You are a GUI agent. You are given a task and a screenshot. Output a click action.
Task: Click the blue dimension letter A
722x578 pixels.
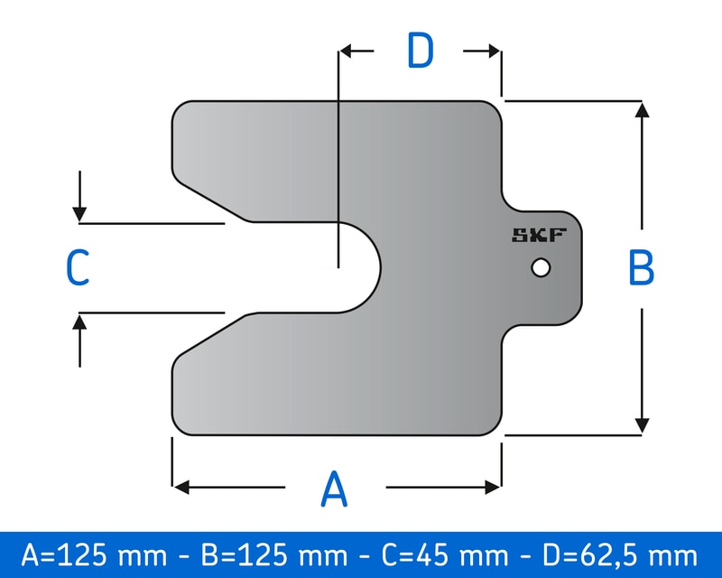pyautogui.click(x=334, y=489)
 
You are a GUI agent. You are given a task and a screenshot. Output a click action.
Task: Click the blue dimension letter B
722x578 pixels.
pyautogui.click(x=641, y=267)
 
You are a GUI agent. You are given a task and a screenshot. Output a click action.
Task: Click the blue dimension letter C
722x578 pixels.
pyautogui.click(x=78, y=268)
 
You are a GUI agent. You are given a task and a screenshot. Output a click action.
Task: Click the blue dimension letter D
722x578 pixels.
pyautogui.click(x=420, y=51)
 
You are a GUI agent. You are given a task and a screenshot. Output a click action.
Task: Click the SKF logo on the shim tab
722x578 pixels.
pyautogui.click(x=539, y=237)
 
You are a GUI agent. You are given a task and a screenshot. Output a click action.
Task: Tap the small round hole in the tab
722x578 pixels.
pyautogui.click(x=541, y=268)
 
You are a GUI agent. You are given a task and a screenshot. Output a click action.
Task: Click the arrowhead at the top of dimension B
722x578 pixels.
pyautogui.click(x=642, y=110)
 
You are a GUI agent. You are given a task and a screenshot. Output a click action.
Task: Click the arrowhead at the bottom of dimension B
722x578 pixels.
pyautogui.click(x=642, y=424)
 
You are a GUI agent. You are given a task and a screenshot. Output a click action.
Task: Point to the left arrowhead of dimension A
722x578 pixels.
pyautogui.click(x=180, y=488)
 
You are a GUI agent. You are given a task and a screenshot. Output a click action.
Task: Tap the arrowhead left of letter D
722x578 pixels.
pyautogui.click(x=347, y=51)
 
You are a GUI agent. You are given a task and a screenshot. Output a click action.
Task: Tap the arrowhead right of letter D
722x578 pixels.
pyautogui.click(x=493, y=51)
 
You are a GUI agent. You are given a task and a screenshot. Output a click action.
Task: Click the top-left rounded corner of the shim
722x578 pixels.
pyautogui.click(x=180, y=109)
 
